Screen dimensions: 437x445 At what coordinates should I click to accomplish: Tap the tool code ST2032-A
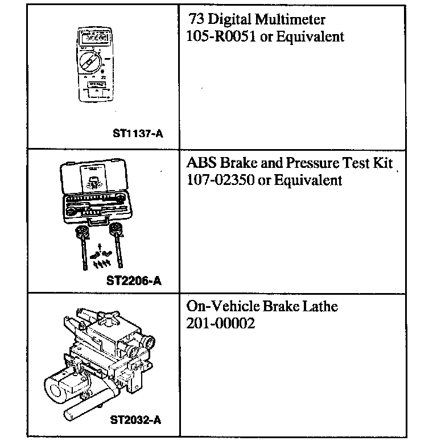pos(136,421)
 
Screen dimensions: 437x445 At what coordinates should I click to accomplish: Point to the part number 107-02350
pos(217,180)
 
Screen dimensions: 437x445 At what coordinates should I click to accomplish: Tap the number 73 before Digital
pos(196,20)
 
